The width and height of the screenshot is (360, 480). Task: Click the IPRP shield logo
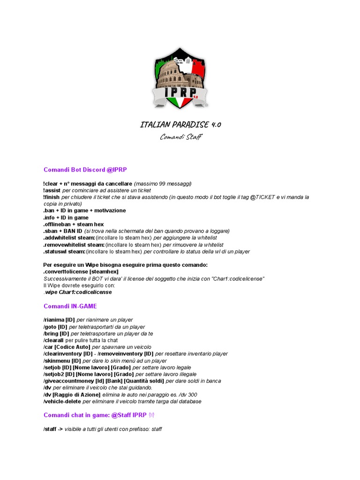click(180, 78)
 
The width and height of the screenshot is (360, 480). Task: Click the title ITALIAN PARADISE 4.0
click(180, 125)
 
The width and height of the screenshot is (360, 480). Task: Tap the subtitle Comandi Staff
click(180, 137)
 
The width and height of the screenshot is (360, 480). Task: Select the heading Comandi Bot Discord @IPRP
click(85, 170)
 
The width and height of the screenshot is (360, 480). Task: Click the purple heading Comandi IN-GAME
click(70, 306)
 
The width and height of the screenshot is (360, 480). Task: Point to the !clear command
click(52, 184)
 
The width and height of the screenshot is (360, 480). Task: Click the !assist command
click(52, 191)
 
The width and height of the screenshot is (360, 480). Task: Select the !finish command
click(52, 197)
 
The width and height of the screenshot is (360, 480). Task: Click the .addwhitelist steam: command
click(68, 238)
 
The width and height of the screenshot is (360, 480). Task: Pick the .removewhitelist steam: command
click(74, 245)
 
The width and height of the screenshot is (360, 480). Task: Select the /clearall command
click(53, 340)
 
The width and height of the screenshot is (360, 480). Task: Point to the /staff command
click(50, 429)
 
